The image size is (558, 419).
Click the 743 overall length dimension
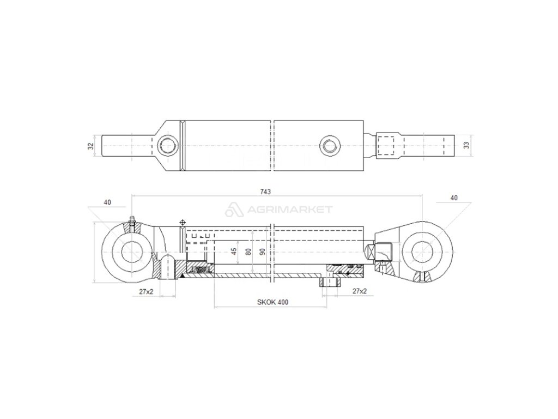pyautogui.click(x=266, y=191)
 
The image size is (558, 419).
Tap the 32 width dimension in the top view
pyautogui.click(x=91, y=146)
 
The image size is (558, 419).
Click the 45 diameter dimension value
pyautogui.click(x=234, y=252)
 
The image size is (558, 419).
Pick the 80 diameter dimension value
pyautogui.click(x=248, y=252)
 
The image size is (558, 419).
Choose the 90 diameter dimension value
pyautogui.click(x=262, y=252)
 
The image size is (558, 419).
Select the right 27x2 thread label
pyautogui.click(x=360, y=292)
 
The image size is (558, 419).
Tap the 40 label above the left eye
pyautogui.click(x=107, y=202)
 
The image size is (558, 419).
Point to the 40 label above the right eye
pyautogui.click(x=454, y=198)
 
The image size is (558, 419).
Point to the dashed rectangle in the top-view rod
pyautogui.click(x=385, y=146)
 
